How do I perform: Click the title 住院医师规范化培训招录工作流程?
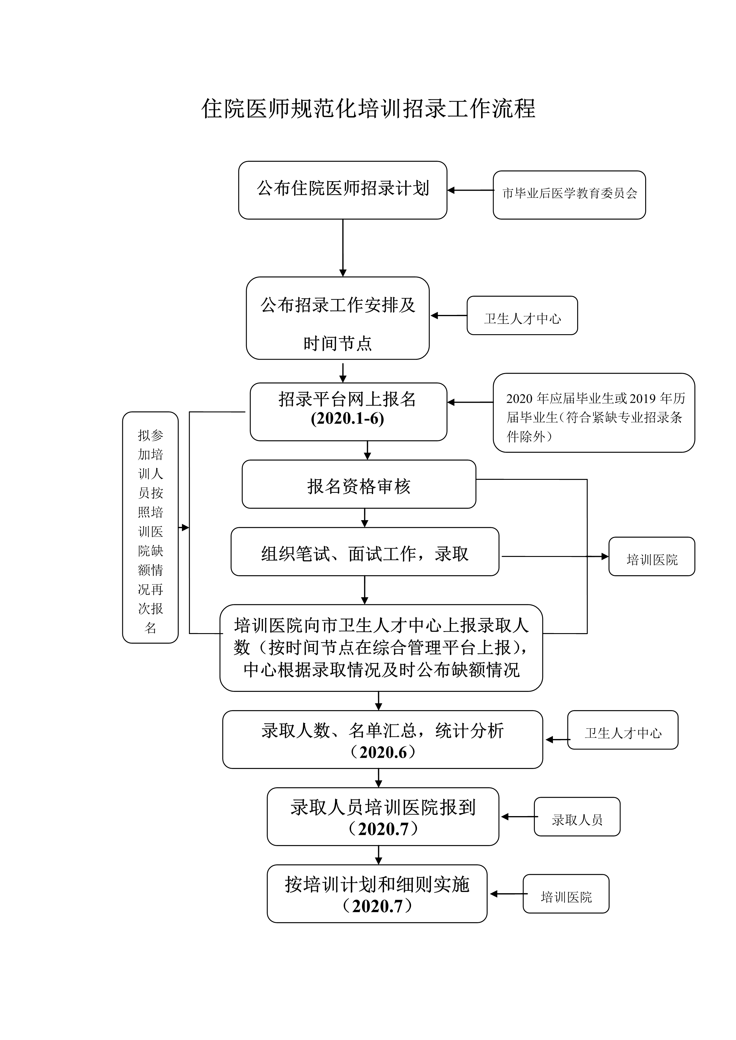pos(368,109)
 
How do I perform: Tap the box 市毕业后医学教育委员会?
pos(569,195)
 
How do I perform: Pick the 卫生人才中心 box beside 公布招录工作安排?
pos(522,316)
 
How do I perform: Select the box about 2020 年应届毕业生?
pos(594,413)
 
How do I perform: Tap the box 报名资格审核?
pos(359,485)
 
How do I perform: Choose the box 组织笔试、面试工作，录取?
pos(364,552)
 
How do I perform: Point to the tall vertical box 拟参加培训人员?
pos(150,528)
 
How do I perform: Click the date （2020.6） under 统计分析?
pos(383,752)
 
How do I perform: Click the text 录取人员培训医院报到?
pos(383,808)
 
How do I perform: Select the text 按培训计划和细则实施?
pos(377,885)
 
